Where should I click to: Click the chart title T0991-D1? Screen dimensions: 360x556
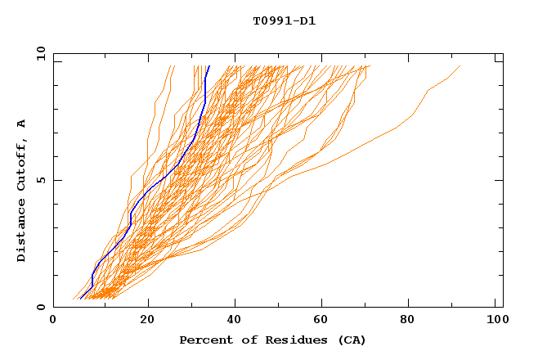[284, 21]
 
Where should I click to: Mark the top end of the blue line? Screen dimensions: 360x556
[209, 66]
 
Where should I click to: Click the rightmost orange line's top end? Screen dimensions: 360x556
[460, 66]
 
